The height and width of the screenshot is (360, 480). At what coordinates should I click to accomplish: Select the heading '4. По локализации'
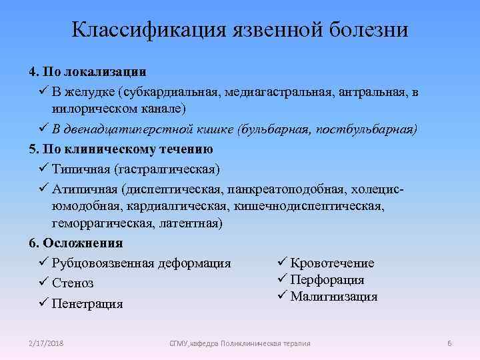click(87, 71)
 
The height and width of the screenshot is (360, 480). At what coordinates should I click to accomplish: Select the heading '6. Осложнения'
click(75, 243)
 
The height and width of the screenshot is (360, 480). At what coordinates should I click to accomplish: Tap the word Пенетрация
click(87, 304)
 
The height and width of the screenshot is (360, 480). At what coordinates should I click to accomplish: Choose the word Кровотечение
click(333, 263)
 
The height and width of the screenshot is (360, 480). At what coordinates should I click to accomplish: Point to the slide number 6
click(450, 343)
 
